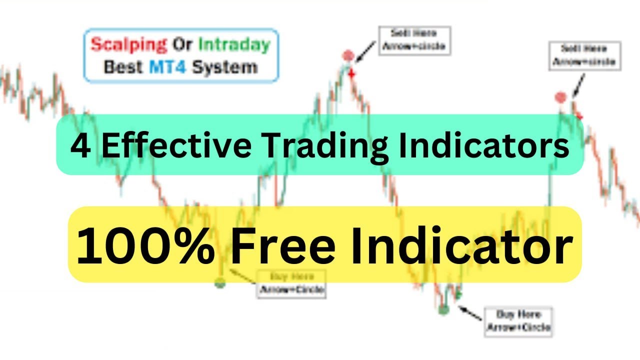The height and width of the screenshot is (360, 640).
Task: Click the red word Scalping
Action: tap(128, 44)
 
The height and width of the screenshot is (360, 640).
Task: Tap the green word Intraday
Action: tap(234, 44)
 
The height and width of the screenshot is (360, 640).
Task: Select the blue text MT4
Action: tap(167, 67)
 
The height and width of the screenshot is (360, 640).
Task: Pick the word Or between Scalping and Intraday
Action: tap(182, 44)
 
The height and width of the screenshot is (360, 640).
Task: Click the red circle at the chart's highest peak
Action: tap(348, 55)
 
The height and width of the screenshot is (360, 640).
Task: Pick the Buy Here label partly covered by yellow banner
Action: tap(291, 283)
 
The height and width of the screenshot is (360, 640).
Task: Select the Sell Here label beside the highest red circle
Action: tap(415, 40)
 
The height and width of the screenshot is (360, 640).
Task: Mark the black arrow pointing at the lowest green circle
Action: tap(470, 313)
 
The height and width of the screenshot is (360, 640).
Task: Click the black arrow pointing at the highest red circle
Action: tap(365, 51)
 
